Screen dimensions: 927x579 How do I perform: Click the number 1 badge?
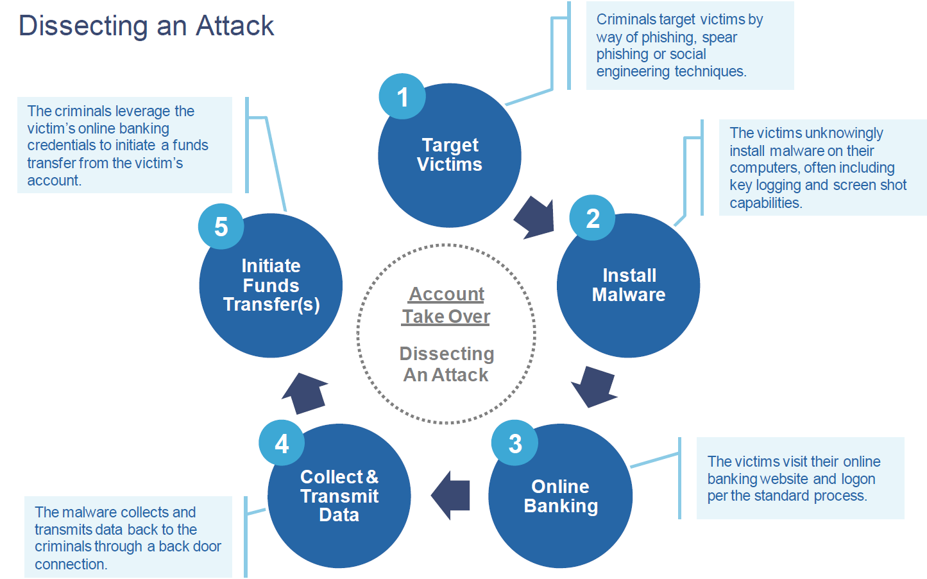[x=402, y=96]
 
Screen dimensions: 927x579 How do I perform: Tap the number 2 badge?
[x=592, y=218]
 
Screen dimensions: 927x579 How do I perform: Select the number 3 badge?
[x=515, y=443]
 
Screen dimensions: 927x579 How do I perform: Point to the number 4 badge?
[x=282, y=443]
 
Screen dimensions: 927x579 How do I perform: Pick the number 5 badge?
[x=221, y=226]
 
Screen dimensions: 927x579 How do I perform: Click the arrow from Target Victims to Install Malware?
[x=534, y=218]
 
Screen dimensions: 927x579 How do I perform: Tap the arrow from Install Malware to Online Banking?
[x=594, y=387]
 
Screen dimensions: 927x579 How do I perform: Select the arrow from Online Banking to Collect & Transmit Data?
[x=450, y=496]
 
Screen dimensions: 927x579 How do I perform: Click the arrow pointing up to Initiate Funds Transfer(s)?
[x=305, y=393]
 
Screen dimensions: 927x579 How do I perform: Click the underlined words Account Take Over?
[x=446, y=306]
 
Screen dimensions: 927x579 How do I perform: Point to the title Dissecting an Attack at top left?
[x=146, y=26]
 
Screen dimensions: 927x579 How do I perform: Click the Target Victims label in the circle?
[x=450, y=155]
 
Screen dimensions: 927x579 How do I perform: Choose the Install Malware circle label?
[x=629, y=285]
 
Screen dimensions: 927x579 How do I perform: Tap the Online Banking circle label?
[x=561, y=496]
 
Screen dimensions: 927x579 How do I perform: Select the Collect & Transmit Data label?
[x=339, y=496]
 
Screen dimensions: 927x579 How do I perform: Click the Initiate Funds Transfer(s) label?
[x=271, y=285]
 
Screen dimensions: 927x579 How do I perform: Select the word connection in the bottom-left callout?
[x=71, y=564]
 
